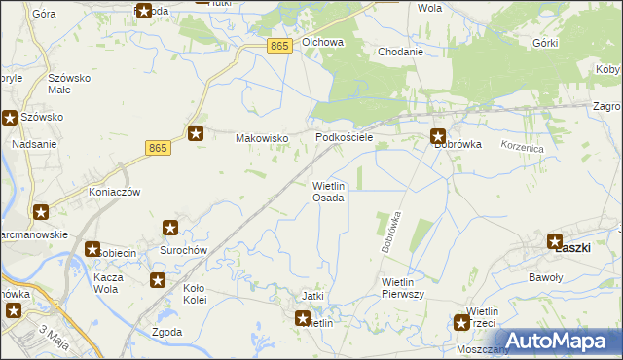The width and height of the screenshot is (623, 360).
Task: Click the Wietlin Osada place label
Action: click(328, 191)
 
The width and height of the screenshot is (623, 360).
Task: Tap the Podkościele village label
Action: click(345, 138)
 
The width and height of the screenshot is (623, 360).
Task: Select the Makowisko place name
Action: click(263, 138)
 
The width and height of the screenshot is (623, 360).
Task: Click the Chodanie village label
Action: click(400, 52)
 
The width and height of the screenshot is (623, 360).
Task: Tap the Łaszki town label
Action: click(573, 248)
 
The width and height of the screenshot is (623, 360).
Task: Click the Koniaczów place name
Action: click(115, 192)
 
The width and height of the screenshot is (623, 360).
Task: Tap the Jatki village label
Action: click(312, 296)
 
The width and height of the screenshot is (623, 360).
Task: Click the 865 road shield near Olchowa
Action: click(280, 46)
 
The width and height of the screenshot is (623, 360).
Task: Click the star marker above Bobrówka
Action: click(439, 137)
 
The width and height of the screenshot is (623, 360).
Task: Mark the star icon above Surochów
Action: click(170, 229)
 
